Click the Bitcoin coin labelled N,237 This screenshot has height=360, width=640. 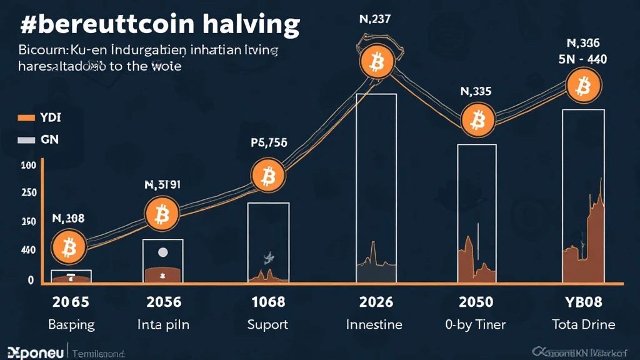(376, 61)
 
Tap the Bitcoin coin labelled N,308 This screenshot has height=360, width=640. (68, 247)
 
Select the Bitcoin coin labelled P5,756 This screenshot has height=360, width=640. (269, 176)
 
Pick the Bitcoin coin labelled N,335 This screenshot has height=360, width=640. (478, 119)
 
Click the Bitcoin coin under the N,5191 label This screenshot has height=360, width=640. (162, 214)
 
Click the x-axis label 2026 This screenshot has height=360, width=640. (376, 302)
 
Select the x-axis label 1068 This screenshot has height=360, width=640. (268, 302)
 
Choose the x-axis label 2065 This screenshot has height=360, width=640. (70, 302)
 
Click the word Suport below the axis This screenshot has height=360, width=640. (268, 324)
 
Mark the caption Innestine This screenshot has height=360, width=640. (375, 324)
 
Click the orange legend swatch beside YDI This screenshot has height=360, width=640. (26, 117)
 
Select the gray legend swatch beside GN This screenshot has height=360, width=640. (26, 140)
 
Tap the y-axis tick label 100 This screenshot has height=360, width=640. (28, 166)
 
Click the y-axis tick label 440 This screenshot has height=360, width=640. (28, 250)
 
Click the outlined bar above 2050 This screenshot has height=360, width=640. (477, 212)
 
